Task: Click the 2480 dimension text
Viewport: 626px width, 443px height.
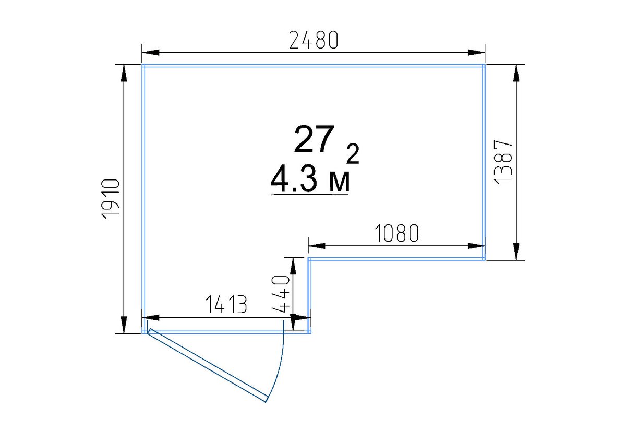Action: [314, 40]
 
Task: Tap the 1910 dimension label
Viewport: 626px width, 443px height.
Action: [111, 199]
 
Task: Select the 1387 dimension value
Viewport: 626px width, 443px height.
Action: [503, 162]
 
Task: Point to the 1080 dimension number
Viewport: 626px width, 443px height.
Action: [396, 233]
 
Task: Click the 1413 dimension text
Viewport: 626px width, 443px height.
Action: [226, 304]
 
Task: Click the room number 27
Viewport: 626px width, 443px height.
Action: [314, 139]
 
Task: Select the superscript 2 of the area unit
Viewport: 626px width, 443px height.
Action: [353, 153]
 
